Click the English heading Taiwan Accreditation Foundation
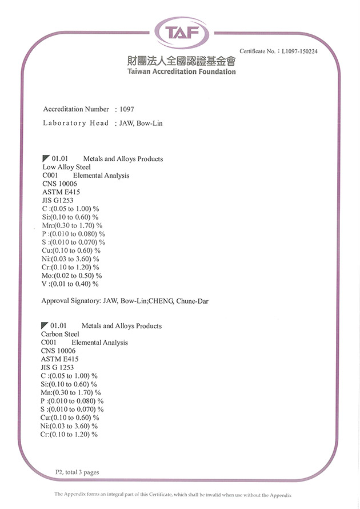tap(182, 71)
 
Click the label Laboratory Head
tap(75, 123)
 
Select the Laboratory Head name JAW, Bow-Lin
tap(141, 123)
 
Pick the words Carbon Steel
tap(60, 334)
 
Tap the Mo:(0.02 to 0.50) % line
tap(71, 275)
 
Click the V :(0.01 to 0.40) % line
tap(70, 284)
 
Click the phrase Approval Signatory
tap(70, 301)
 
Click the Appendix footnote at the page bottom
tap(173, 494)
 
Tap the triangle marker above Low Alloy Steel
tap(46, 158)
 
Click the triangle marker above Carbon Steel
tap(45, 325)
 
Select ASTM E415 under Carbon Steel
tap(60, 359)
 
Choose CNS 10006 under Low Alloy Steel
tap(59, 184)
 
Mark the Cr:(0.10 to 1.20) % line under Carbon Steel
tap(69, 434)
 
